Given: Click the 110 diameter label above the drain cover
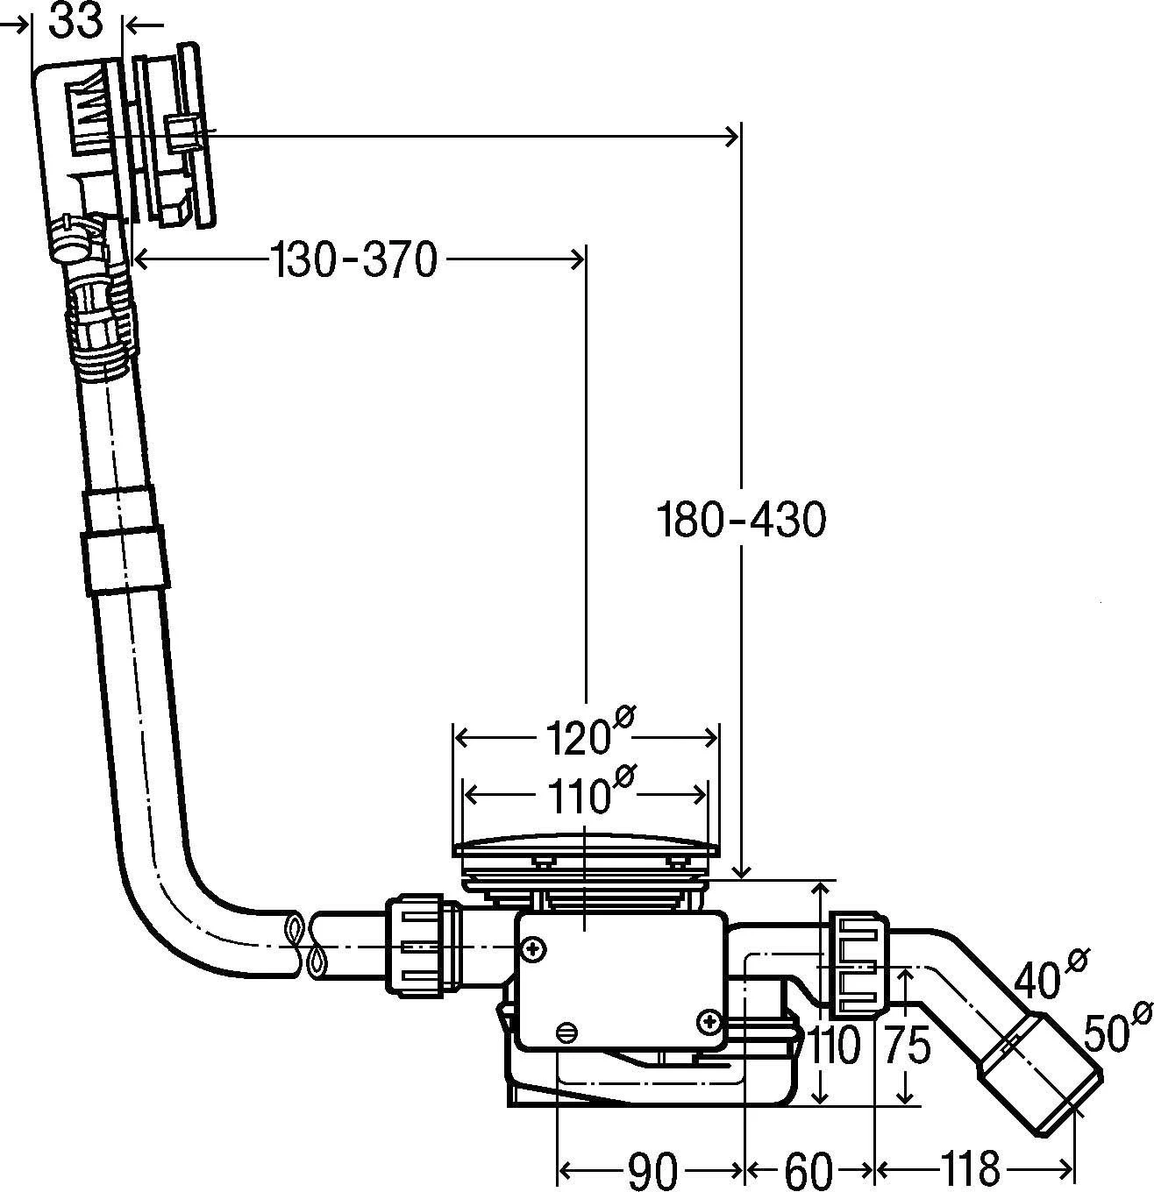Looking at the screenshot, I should pyautogui.click(x=585, y=792).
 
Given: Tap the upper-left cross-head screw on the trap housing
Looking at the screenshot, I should pyautogui.click(x=532, y=948).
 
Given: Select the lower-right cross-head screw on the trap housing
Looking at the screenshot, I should pyautogui.click(x=709, y=1020).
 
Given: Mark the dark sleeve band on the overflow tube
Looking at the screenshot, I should pyautogui.click(x=124, y=541).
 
